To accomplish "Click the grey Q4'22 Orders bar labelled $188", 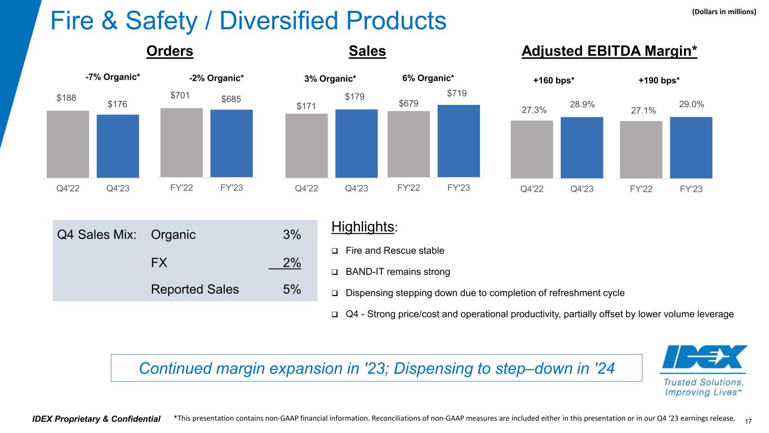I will point(68,144).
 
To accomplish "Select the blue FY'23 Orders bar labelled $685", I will point(232,143).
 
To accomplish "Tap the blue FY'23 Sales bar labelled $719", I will point(459,141).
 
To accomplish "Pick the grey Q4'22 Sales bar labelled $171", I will point(306,145).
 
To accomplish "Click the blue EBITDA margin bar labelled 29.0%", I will point(691,147).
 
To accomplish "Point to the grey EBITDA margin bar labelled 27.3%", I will point(532,149).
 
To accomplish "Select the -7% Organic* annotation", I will point(109,77).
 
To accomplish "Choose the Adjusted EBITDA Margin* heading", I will point(610,51).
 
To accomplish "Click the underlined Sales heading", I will point(367,51).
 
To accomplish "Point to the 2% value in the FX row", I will point(291,263).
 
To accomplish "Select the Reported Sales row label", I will point(195,289).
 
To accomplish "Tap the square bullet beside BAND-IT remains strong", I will point(335,272).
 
